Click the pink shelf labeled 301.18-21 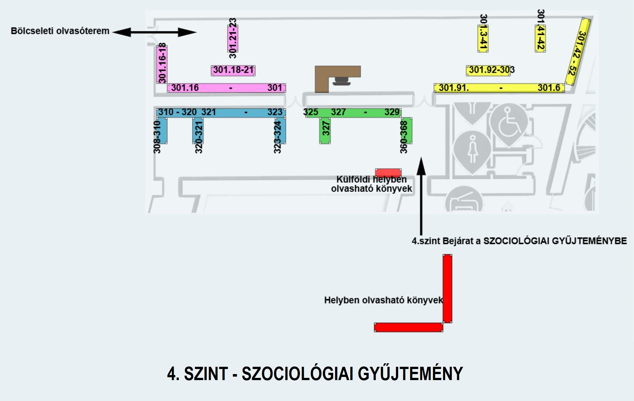(233, 70)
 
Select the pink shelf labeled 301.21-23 (233, 38)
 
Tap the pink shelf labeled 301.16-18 (162, 64)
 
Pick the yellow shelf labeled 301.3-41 (483, 38)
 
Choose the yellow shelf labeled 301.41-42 (540, 38)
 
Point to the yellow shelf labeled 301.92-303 (488, 70)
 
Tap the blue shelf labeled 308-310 (162, 130)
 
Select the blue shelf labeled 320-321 (198, 130)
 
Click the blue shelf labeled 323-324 (280, 130)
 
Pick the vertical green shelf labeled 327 (325, 130)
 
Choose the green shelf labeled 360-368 (407, 130)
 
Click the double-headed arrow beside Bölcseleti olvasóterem (154, 32)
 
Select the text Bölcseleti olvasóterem (60, 31)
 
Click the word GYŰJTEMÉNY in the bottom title (410, 373)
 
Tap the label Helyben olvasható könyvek (383, 300)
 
